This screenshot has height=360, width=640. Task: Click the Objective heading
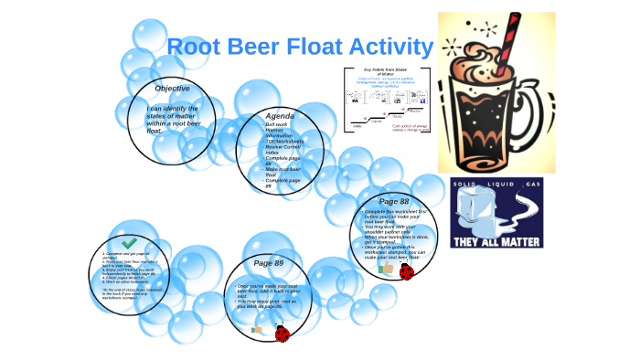(172, 89)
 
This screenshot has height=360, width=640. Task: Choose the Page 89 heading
(268, 263)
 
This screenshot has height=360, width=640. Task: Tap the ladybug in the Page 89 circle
(283, 334)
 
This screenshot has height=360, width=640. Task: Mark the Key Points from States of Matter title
(385, 73)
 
